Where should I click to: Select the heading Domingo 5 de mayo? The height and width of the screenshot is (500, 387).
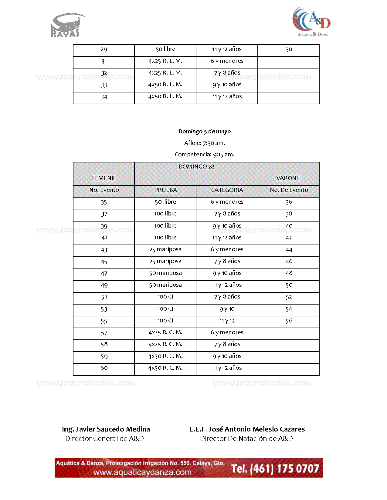[204, 132]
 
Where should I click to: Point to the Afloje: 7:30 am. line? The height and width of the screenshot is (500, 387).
[204, 143]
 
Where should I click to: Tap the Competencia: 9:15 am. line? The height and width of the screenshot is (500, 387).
[204, 155]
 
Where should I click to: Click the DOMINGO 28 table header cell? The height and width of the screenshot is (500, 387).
[196, 167]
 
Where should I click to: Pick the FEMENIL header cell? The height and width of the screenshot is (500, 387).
[104, 178]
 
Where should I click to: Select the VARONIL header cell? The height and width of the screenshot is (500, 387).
[288, 178]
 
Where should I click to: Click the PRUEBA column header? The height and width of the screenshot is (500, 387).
[165, 190]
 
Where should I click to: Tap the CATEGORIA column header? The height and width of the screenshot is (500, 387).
[227, 190]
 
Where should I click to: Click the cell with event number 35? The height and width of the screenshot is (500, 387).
[104, 202]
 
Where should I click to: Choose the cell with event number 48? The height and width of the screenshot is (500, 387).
[289, 273]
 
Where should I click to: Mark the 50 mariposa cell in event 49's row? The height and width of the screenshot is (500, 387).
[165, 285]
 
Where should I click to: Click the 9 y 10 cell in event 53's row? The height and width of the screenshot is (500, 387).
[227, 309]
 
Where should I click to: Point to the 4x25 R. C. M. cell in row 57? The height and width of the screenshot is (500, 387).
[165, 333]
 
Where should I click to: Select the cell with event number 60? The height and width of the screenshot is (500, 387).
[104, 368]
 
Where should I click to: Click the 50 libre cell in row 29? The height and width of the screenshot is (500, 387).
[165, 49]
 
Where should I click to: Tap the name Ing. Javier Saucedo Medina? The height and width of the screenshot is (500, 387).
[106, 429]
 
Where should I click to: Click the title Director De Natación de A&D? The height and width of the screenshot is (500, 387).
[246, 439]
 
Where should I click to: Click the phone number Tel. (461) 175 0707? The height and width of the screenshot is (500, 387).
[275, 469]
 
